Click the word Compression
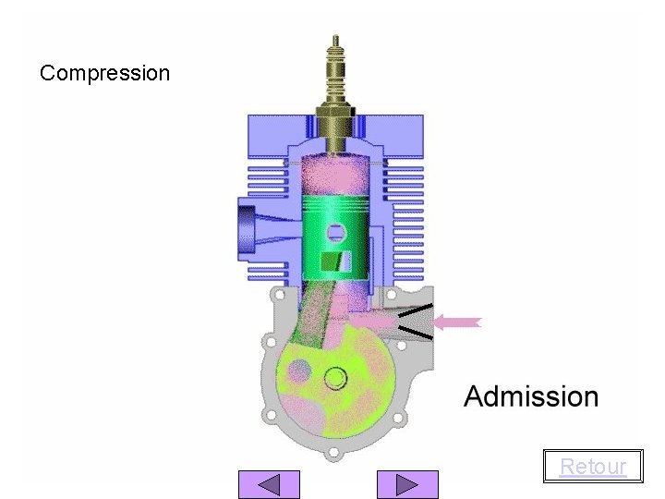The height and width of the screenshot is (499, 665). pos(104,73)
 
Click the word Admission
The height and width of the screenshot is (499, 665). pos(531,396)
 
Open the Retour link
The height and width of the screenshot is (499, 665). pos(593,467)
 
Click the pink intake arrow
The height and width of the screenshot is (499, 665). pos(457,323)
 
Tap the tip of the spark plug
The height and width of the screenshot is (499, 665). pos(335,37)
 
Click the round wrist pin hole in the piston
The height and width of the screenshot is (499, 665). pos(336,234)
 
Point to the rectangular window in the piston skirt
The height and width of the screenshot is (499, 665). pos(336,261)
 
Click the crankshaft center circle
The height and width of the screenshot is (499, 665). pos(335,378)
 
